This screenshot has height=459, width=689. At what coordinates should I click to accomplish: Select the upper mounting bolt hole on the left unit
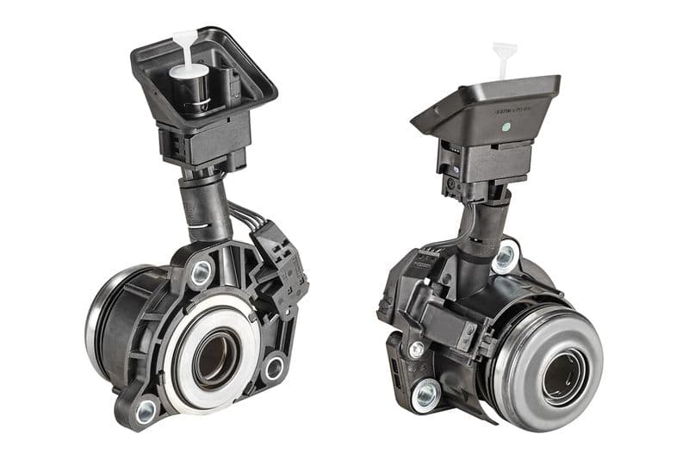[x=201, y=274]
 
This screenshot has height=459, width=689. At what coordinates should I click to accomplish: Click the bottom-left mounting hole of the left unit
[x=146, y=407]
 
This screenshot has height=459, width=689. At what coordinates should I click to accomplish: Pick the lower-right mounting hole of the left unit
[x=274, y=368]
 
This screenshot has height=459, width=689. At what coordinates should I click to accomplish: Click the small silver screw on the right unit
[x=417, y=349]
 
